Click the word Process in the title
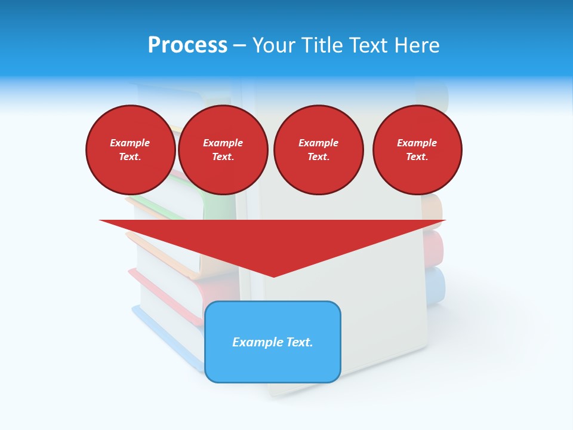[187, 45]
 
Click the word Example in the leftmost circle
[130, 143]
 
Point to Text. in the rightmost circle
[417, 156]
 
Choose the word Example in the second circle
[223, 143]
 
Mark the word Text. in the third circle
[318, 156]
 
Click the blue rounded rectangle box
[273, 364]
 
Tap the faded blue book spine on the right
[436, 285]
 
